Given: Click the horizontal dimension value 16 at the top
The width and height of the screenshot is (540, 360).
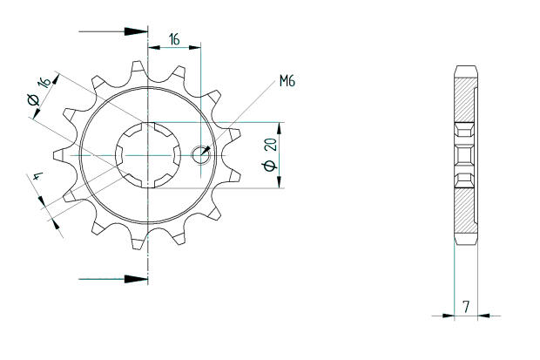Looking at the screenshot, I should tap(174, 39).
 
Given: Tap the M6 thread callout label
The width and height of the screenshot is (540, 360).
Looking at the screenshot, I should tap(287, 82).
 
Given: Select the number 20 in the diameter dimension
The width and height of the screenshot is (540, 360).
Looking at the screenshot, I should tap(269, 144).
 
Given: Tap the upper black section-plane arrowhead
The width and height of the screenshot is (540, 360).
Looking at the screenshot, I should tap(136, 31).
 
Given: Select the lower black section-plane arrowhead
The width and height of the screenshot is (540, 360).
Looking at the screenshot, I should tap(136, 280).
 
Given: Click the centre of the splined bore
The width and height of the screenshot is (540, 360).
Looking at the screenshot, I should tap(148, 154).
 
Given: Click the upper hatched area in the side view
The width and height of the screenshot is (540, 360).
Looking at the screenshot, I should tap(465, 100).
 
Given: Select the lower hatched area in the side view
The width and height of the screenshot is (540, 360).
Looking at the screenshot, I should tap(465, 209).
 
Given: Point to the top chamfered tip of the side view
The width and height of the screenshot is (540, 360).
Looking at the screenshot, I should tap(465, 69).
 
